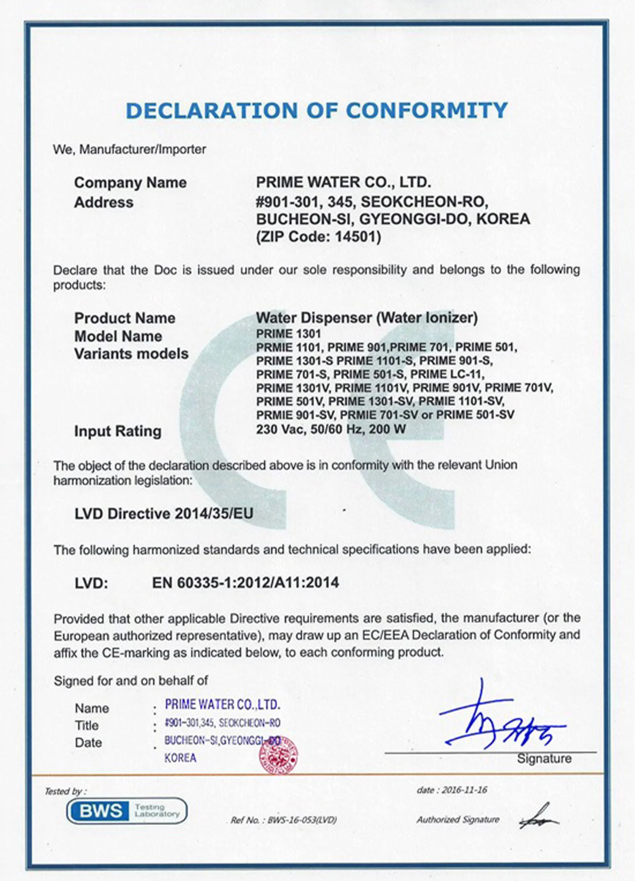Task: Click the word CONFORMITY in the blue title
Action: (426, 110)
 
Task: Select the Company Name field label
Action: (130, 183)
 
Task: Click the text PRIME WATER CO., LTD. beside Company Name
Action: (343, 182)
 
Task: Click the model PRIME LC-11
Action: (447, 374)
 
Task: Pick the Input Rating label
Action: (118, 431)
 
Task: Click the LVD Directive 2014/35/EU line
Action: (164, 514)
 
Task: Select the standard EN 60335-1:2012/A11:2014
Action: (245, 583)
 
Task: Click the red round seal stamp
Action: (279, 755)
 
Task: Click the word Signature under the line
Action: (544, 758)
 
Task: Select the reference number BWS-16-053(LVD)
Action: (302, 820)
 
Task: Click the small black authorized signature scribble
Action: (539, 817)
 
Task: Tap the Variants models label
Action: (131, 354)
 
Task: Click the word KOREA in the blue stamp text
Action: (180, 758)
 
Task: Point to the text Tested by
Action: (65, 791)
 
